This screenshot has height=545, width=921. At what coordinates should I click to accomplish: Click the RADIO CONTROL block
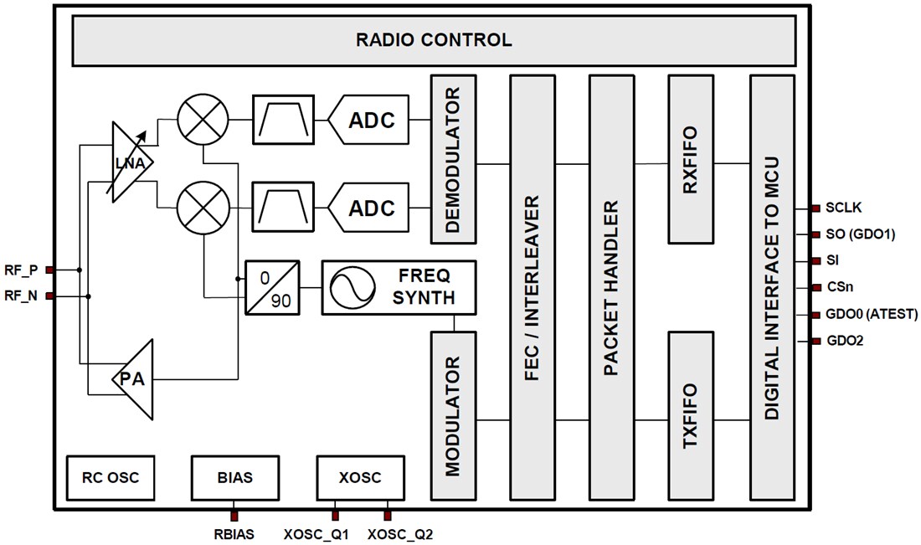click(x=433, y=39)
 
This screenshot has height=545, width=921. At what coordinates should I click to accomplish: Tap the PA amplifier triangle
click(x=135, y=378)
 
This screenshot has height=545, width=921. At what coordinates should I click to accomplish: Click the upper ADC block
click(x=368, y=120)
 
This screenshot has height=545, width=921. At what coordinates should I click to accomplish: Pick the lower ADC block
click(x=368, y=208)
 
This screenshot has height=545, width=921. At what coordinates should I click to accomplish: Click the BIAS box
click(x=234, y=478)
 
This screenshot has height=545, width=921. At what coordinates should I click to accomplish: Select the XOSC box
click(x=360, y=478)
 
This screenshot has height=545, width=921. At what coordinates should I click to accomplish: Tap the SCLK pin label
click(x=845, y=208)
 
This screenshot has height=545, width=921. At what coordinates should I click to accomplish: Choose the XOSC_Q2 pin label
click(x=400, y=533)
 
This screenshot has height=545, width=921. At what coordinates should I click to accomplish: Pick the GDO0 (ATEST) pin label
click(x=872, y=315)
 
